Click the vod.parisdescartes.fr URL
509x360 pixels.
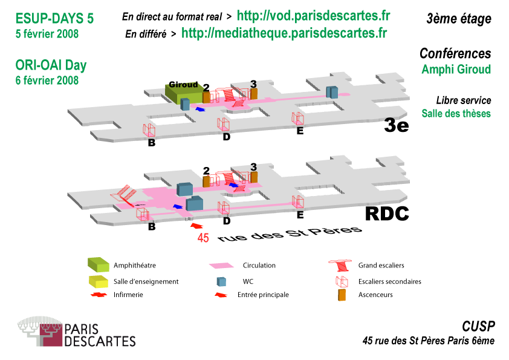(x=313, y=16)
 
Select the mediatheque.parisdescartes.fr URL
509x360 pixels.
(x=284, y=33)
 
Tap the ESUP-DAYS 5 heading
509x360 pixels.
(x=54, y=19)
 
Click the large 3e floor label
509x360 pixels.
(x=397, y=126)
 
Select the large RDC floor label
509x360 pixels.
(x=387, y=214)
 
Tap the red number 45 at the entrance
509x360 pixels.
(x=203, y=238)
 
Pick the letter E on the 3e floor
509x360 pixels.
(x=300, y=131)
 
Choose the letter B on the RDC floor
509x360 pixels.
(x=152, y=227)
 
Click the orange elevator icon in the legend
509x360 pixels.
(x=342, y=295)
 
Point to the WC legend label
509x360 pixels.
(x=248, y=281)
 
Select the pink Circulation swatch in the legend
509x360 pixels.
(x=221, y=266)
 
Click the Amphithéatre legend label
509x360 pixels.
(x=134, y=265)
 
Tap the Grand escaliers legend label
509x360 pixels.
(x=381, y=265)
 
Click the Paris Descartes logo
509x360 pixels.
(x=76, y=332)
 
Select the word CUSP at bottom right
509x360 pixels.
(x=478, y=327)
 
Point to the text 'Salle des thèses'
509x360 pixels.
(x=456, y=113)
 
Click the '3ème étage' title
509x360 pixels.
(x=458, y=19)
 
